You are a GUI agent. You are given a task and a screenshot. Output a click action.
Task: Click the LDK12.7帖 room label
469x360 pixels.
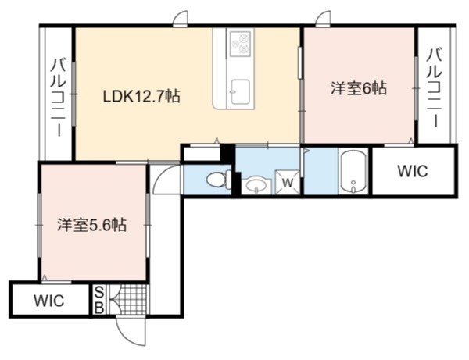click(x=141, y=97)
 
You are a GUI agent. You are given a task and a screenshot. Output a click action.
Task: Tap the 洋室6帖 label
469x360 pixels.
click(x=358, y=88)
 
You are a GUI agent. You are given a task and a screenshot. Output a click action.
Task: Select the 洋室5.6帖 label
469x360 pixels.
click(x=92, y=225)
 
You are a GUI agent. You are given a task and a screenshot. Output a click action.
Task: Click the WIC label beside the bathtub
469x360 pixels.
click(x=413, y=171)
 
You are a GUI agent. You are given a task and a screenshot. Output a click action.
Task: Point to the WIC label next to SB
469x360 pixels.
click(x=49, y=301)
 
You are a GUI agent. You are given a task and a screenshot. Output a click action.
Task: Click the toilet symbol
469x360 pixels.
click(x=219, y=180)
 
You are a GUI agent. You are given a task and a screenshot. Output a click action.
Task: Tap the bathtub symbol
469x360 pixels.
click(x=353, y=172)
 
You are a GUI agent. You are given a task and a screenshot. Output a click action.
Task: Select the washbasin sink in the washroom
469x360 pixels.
click(x=256, y=186)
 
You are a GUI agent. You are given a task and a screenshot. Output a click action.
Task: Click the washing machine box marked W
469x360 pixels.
click(x=288, y=182)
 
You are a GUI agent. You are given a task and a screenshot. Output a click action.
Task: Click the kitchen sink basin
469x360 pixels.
click(x=241, y=91)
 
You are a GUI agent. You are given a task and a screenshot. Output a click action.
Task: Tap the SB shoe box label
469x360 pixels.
click(x=99, y=299)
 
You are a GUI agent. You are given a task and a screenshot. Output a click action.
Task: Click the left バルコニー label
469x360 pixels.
click(x=56, y=98)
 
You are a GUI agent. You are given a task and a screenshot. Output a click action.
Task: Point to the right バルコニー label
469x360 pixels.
click(x=435, y=87)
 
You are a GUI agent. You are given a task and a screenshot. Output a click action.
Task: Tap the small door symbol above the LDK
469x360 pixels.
click(x=181, y=19)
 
